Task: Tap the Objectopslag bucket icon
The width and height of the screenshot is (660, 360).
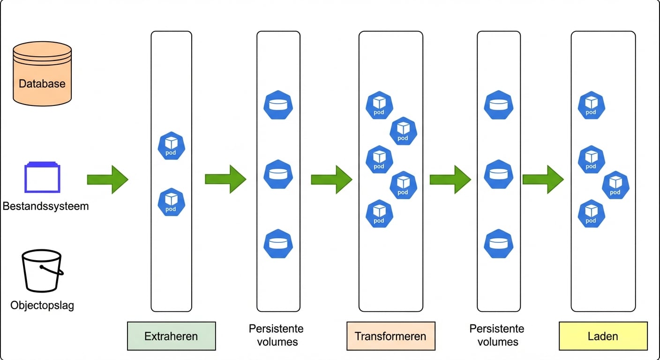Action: pyautogui.click(x=42, y=271)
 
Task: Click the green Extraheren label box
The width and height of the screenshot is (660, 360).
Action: pyautogui.click(x=171, y=336)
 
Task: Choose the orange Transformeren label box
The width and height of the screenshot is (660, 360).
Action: pyautogui.click(x=390, y=336)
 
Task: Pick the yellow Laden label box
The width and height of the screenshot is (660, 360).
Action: pyautogui.click(x=603, y=336)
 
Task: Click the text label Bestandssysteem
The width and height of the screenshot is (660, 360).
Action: pyautogui.click(x=45, y=206)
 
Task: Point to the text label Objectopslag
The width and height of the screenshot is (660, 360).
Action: pyautogui.click(x=42, y=306)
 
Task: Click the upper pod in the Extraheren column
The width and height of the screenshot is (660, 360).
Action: pyautogui.click(x=171, y=146)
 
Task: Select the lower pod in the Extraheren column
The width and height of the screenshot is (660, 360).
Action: pyautogui.click(x=171, y=202)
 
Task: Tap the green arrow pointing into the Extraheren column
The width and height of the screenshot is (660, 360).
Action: pyautogui.click(x=107, y=179)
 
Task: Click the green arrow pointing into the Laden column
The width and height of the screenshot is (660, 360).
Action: pyautogui.click(x=543, y=179)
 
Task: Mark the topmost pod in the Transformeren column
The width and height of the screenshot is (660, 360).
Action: pyautogui.click(x=379, y=105)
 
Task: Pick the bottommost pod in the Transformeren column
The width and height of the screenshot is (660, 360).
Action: pyautogui.click(x=379, y=214)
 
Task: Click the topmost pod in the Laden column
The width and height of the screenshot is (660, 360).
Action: pyautogui.click(x=591, y=105)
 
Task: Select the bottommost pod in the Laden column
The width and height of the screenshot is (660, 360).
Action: pyautogui.click(x=591, y=214)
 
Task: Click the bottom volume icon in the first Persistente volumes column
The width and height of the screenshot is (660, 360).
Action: pyautogui.click(x=278, y=244)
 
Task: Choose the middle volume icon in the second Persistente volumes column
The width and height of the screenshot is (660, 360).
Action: pyautogui.click(x=498, y=174)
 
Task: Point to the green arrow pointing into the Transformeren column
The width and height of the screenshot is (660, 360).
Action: pyautogui.click(x=331, y=179)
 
